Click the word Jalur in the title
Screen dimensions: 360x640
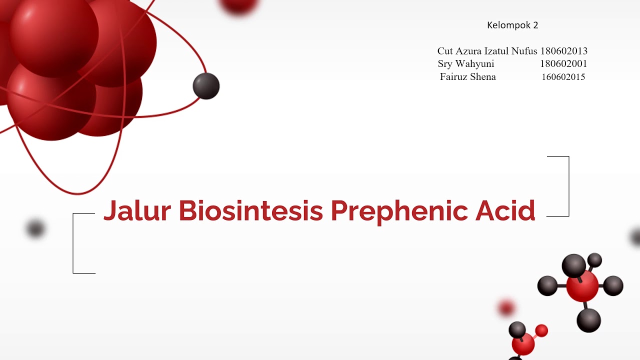pos(137,211)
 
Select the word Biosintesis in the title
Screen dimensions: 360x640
pos(250,211)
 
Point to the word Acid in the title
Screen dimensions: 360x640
pos(505,211)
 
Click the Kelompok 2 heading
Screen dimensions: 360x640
pos(512,25)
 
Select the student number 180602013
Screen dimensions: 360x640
pos(563,51)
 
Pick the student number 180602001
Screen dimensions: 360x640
pos(563,64)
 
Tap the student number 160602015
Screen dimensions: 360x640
pos(563,77)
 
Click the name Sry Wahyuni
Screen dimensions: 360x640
pos(466,64)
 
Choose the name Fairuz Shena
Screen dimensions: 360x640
pos(468,77)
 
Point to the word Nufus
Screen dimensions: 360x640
pos(524,51)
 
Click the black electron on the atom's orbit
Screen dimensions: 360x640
pos(206,86)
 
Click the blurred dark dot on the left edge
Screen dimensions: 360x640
pos(35,228)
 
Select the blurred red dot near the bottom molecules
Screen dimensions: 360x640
pos(506,308)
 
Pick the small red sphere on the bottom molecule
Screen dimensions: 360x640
pos(541,330)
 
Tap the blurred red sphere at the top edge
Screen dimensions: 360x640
pos(238,5)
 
